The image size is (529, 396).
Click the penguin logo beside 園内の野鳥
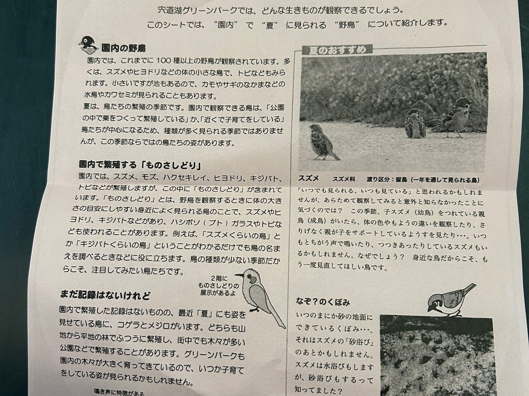88,45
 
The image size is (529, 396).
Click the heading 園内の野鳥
124,49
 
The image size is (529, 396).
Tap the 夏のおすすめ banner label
337,50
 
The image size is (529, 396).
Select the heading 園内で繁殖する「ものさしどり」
141,165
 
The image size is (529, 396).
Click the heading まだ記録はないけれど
105,295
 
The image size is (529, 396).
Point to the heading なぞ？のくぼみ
323,301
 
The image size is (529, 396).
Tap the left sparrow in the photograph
322,142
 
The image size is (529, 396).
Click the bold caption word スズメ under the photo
309,178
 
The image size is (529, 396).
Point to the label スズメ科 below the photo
344,179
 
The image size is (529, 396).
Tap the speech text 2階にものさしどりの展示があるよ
219,286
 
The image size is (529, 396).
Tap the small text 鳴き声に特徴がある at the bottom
119,392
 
